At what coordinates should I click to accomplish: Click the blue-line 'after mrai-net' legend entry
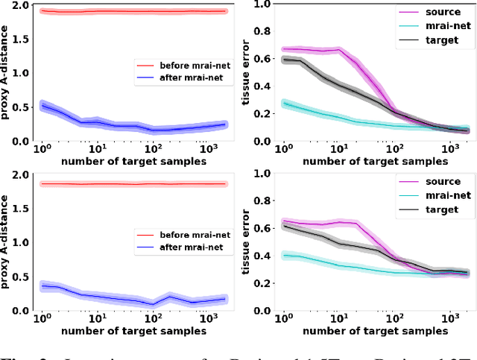(x=183, y=78)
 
